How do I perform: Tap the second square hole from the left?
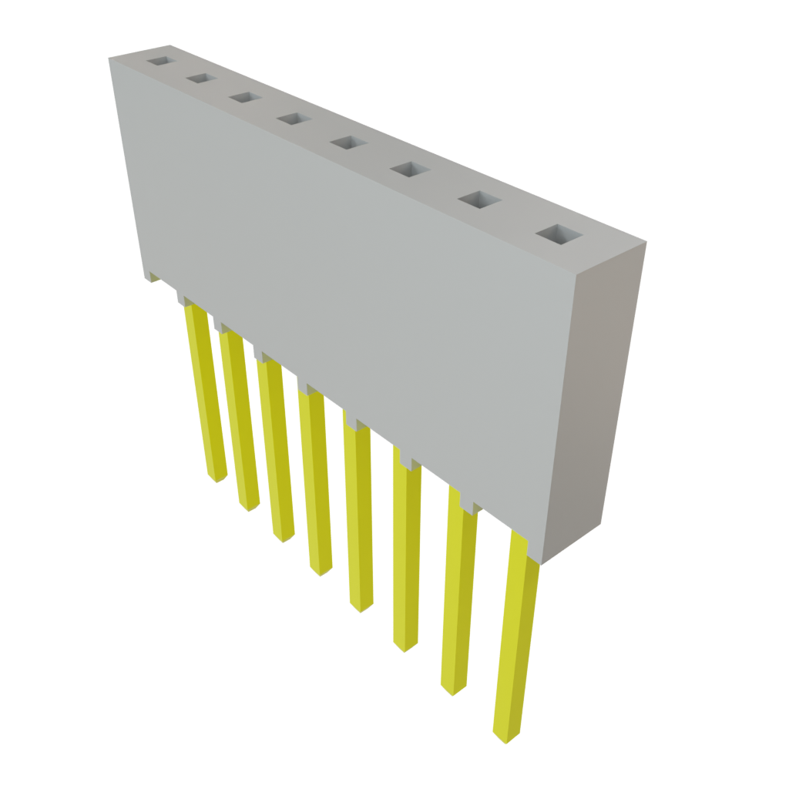[x=200, y=79]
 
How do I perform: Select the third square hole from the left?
[x=243, y=98]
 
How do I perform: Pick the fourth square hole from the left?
[x=291, y=119]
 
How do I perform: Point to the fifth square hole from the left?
[x=347, y=143]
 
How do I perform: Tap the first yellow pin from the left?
[x=206, y=393]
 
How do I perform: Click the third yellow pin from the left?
[x=277, y=451]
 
